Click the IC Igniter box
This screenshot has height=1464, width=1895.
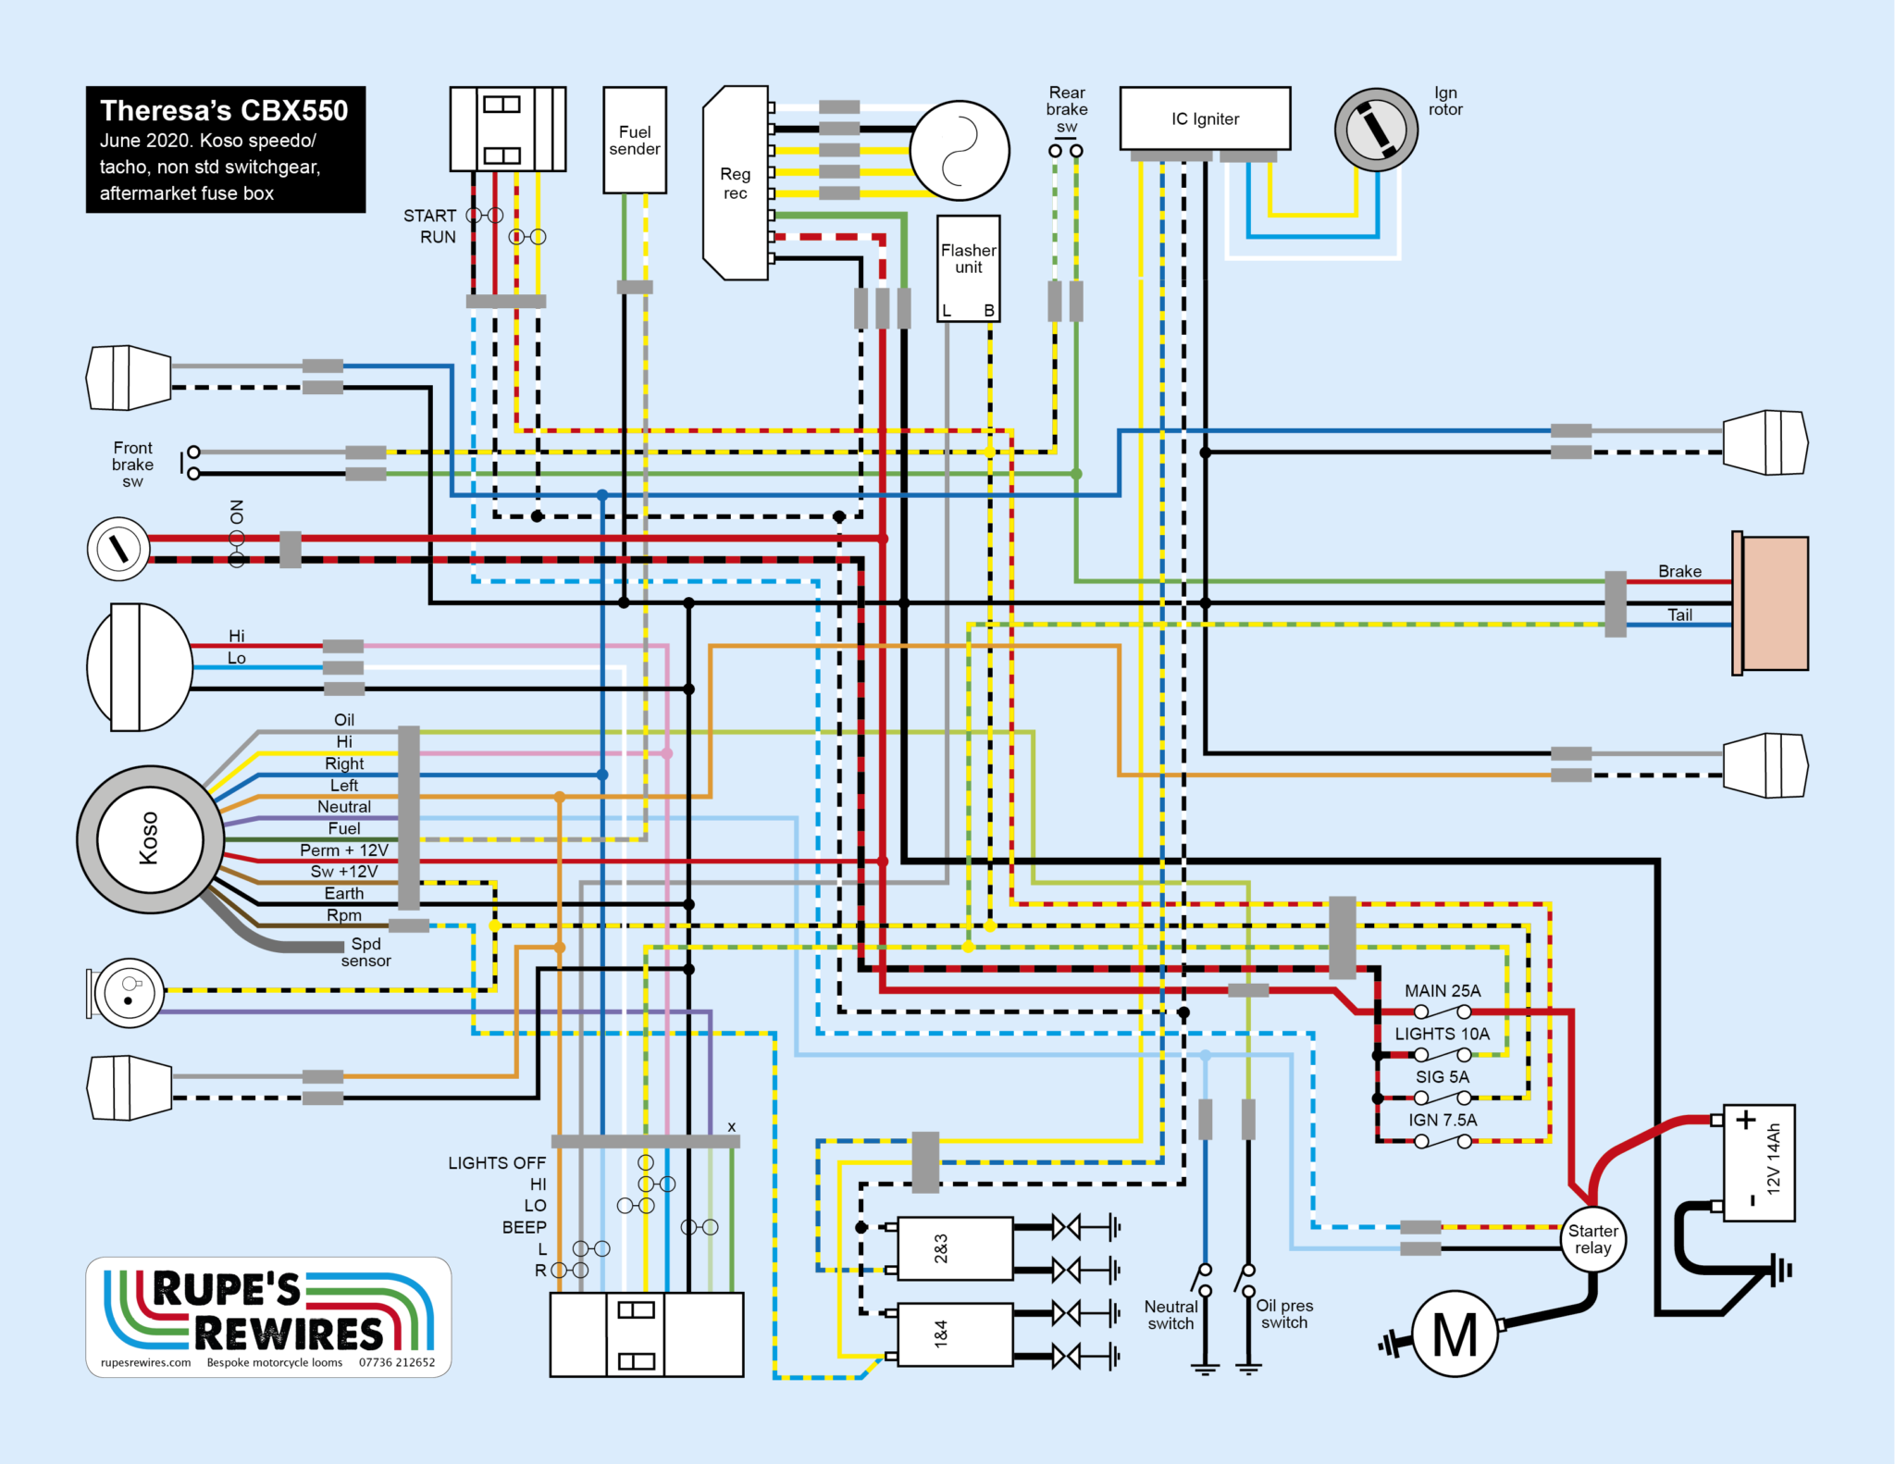coord(1205,118)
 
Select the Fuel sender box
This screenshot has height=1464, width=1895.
coord(635,140)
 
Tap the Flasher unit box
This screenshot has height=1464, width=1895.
coord(968,268)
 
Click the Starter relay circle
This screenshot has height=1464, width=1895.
coord(1592,1239)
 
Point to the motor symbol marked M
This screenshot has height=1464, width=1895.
coord(1455,1334)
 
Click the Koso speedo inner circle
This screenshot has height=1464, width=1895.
coord(150,839)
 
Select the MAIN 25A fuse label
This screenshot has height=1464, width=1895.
coord(1443,991)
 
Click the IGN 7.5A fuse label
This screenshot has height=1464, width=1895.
coord(1443,1121)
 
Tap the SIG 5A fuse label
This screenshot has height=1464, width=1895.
coord(1443,1077)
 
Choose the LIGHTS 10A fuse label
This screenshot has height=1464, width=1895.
coord(1443,1034)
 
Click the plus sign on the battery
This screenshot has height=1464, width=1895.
coord(1745,1121)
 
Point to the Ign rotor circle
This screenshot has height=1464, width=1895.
coord(1376,130)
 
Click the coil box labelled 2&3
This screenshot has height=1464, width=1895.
coord(955,1249)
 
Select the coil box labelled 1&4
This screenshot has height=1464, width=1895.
coord(955,1334)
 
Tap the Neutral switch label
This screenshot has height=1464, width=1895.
coord(1171,1315)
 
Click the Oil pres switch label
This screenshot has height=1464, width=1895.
coord(1284,1314)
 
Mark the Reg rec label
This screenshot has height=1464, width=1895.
coord(736,183)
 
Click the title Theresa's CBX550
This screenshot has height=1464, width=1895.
coord(224,111)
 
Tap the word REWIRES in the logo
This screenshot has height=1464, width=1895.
coord(289,1334)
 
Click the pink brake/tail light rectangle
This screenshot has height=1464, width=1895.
coord(1775,603)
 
